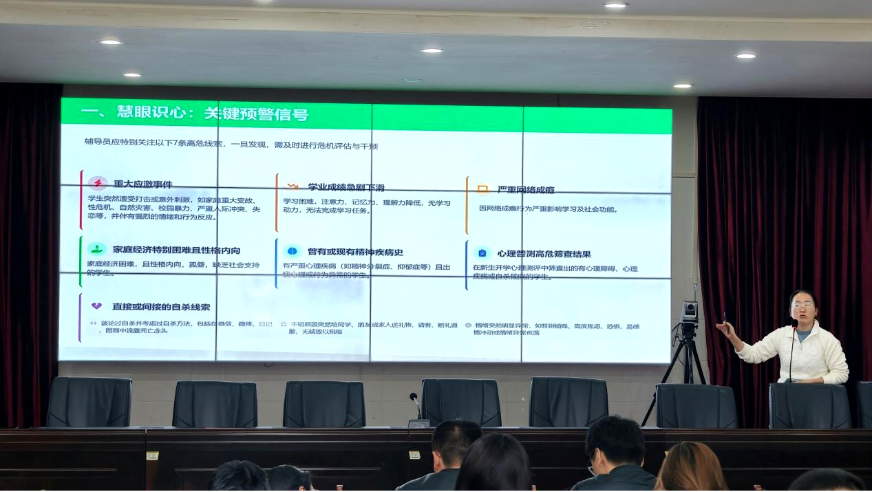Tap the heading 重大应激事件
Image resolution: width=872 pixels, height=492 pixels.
(143, 184)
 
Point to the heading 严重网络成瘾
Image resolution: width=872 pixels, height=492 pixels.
(526, 189)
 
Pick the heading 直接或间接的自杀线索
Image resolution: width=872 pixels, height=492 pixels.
(161, 306)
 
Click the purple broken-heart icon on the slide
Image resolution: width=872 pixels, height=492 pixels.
(97, 306)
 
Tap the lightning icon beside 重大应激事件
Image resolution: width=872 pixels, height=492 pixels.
(98, 183)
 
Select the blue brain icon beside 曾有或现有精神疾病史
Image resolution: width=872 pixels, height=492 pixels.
(292, 250)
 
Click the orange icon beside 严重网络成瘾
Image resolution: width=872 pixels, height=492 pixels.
(482, 189)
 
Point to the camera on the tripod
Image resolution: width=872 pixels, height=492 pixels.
(689, 312)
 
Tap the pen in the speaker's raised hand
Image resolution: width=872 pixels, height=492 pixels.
(724, 318)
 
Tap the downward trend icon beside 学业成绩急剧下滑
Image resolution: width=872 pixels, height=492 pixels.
(293, 186)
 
